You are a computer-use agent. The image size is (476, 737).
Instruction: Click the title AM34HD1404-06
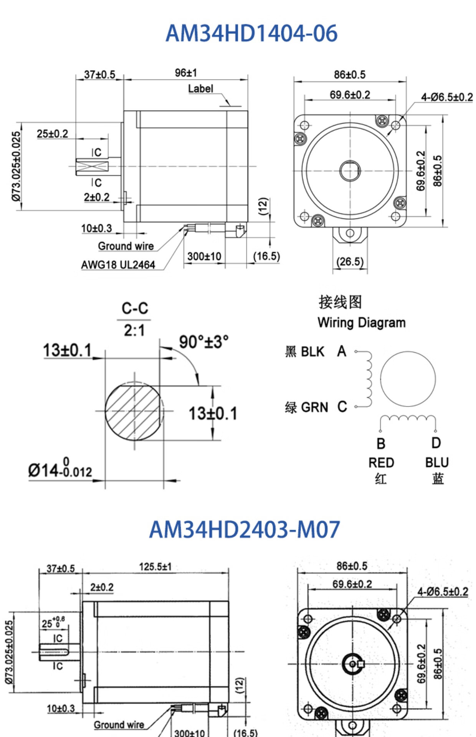[251, 33]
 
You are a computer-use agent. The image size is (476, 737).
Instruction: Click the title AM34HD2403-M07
[245, 529]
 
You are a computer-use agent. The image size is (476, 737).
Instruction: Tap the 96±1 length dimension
[186, 73]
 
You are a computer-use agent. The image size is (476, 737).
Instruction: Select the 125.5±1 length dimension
[155, 567]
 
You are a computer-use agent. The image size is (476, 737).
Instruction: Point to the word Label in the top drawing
[200, 89]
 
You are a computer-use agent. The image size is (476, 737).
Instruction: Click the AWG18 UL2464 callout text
[118, 264]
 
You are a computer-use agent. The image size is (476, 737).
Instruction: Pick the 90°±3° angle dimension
[204, 342]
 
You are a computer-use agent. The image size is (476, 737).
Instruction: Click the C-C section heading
[135, 308]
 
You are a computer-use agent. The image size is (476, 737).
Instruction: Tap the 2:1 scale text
[134, 330]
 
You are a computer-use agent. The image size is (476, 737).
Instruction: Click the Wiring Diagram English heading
[362, 322]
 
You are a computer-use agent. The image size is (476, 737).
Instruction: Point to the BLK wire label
[312, 352]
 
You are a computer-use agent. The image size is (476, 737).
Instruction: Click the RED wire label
[381, 463]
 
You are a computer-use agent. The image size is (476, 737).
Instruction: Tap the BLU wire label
[437, 462]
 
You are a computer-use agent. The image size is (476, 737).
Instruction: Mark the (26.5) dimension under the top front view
[350, 262]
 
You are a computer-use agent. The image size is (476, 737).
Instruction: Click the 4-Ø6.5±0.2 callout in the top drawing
[447, 97]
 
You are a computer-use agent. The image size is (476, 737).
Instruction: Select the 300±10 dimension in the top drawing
[204, 256]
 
